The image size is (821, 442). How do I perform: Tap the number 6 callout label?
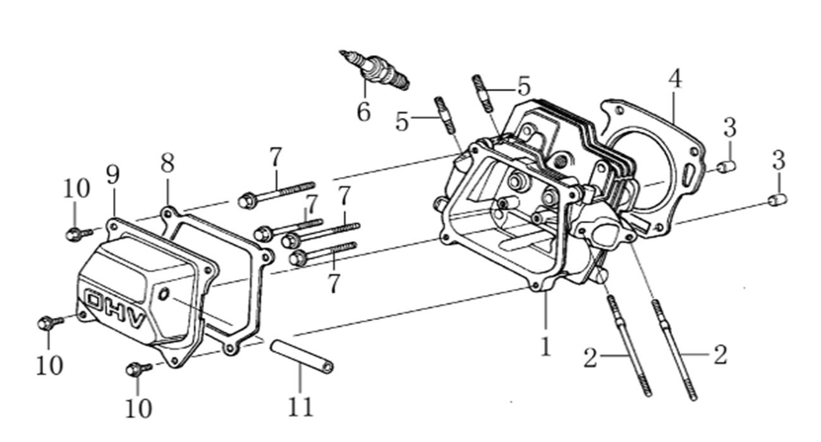tap(363, 112)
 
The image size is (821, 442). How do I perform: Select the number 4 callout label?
tap(675, 80)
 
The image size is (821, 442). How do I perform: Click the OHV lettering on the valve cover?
tap(118, 308)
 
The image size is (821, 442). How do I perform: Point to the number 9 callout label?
tap(113, 175)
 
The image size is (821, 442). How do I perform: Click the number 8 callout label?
tap(167, 163)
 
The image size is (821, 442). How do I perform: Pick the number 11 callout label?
tap(301, 407)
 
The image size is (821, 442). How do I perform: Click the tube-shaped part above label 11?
tap(302, 356)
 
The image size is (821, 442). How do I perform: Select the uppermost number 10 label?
tap(76, 188)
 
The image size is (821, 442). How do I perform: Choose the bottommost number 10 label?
tap(138, 408)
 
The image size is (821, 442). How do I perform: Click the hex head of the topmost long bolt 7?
tap(246, 201)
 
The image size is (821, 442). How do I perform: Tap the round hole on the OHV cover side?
tap(164, 294)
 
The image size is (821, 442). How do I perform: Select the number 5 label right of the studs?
tap(523, 87)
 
